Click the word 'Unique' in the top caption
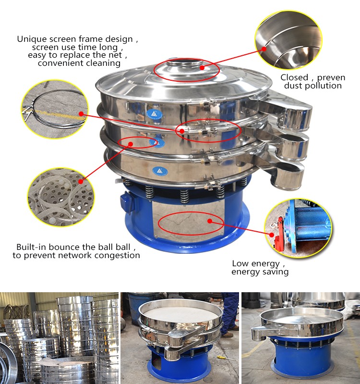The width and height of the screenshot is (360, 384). (32, 39)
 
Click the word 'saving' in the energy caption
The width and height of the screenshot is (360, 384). (275, 272)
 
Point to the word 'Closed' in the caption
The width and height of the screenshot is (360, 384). (294, 78)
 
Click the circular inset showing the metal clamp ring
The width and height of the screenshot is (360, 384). (55, 109)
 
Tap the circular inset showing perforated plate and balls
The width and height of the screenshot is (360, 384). (61, 197)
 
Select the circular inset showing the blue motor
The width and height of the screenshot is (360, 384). (298, 228)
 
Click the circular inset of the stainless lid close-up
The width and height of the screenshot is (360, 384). (288, 40)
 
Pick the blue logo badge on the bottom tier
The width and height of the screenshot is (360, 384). (160, 171)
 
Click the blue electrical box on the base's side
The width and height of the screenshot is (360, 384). (127, 202)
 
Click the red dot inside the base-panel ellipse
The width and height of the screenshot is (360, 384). (210, 221)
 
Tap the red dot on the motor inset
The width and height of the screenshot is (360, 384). (272, 235)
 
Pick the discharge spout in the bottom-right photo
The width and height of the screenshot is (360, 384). (261, 332)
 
